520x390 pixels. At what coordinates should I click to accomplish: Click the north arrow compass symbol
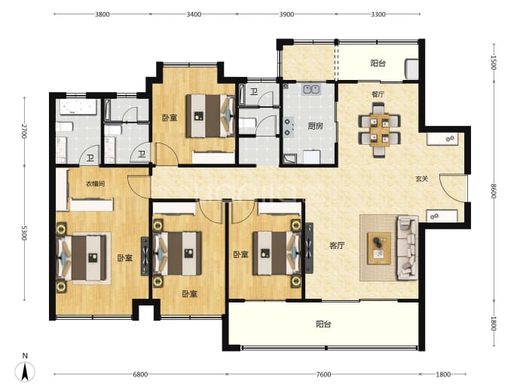click(25, 371)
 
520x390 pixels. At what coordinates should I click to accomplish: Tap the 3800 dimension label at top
click(102, 14)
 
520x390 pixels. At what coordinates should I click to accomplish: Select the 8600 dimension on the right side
click(494, 191)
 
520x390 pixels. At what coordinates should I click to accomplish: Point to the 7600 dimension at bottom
click(323, 374)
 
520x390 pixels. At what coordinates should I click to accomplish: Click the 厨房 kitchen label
click(315, 126)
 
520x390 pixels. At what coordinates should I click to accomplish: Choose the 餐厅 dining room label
click(378, 94)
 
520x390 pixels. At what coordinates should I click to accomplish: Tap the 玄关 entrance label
click(422, 179)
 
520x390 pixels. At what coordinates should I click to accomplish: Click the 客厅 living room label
click(337, 246)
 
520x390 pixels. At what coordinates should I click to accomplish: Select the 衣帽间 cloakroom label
click(96, 183)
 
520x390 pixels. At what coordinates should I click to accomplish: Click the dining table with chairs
click(380, 130)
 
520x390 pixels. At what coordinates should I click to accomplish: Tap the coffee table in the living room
click(379, 248)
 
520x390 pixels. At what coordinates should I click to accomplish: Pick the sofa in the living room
click(408, 247)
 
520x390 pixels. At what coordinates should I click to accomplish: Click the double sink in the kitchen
click(310, 89)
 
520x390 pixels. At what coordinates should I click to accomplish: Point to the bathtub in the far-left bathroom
click(78, 107)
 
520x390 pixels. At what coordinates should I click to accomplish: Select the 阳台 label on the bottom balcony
click(323, 324)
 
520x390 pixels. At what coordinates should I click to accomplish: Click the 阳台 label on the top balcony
click(378, 63)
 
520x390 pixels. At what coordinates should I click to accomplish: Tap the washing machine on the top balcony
click(411, 69)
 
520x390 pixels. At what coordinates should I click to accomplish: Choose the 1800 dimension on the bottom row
click(443, 374)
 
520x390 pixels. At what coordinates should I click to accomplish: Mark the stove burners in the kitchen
click(288, 127)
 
